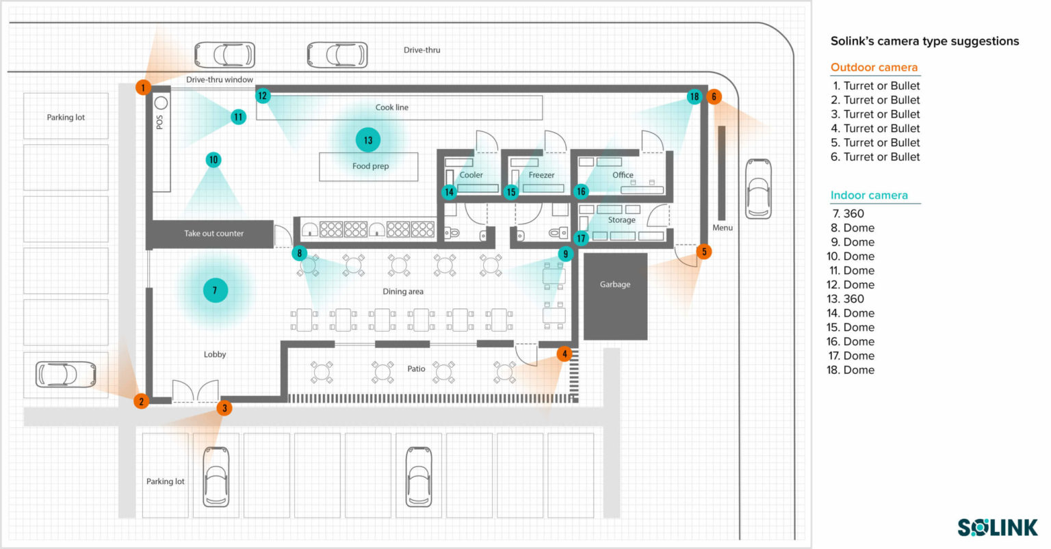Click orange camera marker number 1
click(142, 88)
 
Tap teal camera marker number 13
click(368, 140)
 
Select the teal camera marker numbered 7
click(215, 291)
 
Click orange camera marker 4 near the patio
click(564, 353)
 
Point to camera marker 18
click(694, 96)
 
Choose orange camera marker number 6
click(714, 96)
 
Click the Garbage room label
click(614, 284)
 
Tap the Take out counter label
click(213, 234)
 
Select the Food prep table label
click(370, 166)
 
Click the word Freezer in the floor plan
click(541, 176)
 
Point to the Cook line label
click(391, 107)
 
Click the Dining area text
click(402, 292)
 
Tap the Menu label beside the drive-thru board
click(722, 228)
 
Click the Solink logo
click(997, 527)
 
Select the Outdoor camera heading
click(874, 68)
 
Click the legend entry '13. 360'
click(847, 299)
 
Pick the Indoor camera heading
click(869, 196)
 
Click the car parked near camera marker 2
click(66, 374)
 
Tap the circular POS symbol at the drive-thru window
click(161, 103)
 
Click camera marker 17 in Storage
click(581, 238)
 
